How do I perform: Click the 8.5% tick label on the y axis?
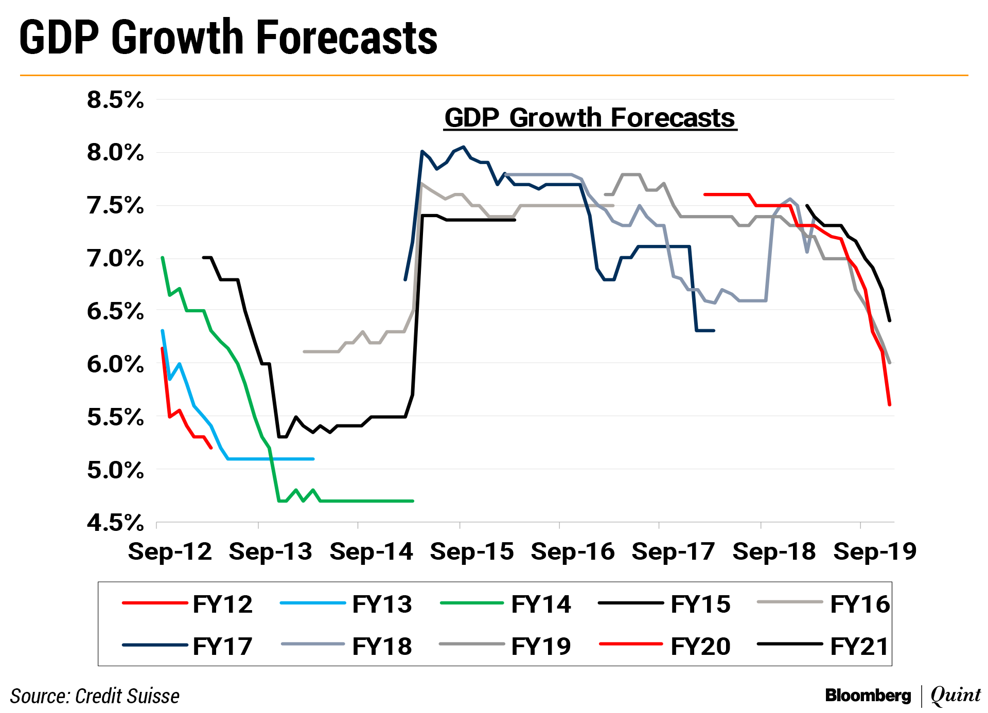[115, 100]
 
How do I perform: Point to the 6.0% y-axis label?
[115, 364]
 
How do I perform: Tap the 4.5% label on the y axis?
[115, 523]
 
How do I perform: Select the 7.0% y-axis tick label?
[115, 258]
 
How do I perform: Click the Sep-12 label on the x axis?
[170, 551]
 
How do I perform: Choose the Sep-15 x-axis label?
[472, 551]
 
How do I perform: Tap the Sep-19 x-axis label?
[875, 551]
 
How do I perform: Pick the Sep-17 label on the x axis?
[673, 551]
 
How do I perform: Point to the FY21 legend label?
[859, 646]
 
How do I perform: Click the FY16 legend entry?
[859, 604]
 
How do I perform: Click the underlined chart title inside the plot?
[590, 118]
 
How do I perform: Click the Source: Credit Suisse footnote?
[95, 696]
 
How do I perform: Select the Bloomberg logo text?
[868, 696]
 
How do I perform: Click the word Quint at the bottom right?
[956, 696]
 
